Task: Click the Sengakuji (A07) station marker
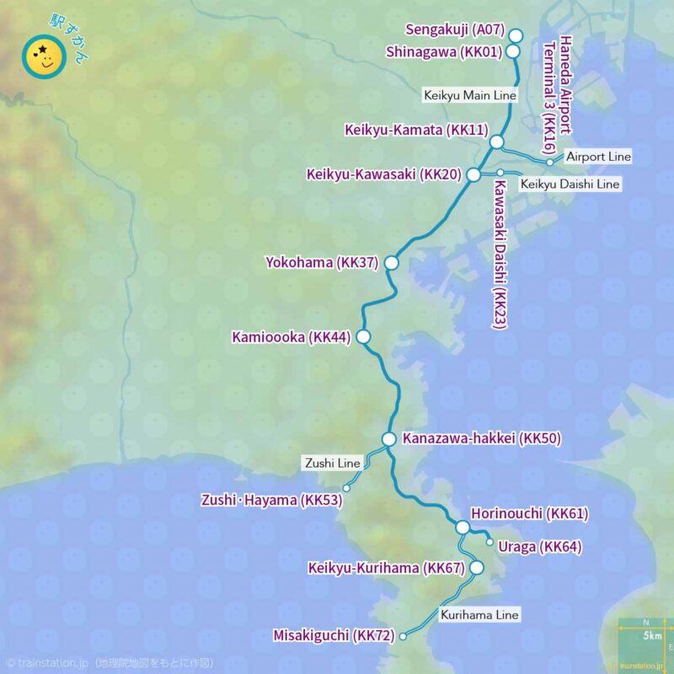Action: (x=516, y=35)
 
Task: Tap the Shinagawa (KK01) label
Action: (x=444, y=51)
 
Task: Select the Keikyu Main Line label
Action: (x=470, y=96)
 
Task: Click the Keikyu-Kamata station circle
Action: (x=497, y=142)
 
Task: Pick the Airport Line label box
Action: (x=598, y=158)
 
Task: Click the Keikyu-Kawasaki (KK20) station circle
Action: (x=473, y=174)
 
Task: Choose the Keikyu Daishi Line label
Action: (x=570, y=184)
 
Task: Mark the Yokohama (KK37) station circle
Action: (x=391, y=264)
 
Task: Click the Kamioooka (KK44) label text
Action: (x=291, y=338)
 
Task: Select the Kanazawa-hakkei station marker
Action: (x=388, y=439)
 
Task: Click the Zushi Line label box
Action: (x=332, y=463)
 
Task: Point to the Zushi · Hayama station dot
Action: (x=346, y=488)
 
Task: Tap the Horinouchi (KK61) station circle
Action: (x=462, y=527)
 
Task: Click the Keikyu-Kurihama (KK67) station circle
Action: (x=476, y=568)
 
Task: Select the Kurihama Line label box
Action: (x=479, y=615)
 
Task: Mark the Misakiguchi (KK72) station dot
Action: (x=403, y=636)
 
